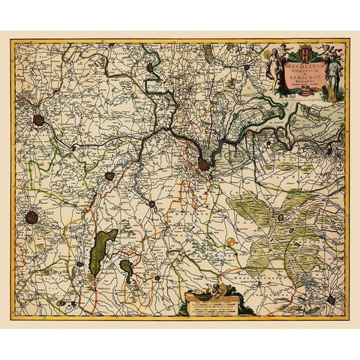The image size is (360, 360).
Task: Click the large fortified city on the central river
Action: [x=203, y=163]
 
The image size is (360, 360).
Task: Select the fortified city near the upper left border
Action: [x=38, y=119]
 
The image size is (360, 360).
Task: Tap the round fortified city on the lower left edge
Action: [x=31, y=217]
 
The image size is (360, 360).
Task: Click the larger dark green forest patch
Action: [x=103, y=251]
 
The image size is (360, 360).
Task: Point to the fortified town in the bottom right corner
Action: [x=331, y=299]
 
